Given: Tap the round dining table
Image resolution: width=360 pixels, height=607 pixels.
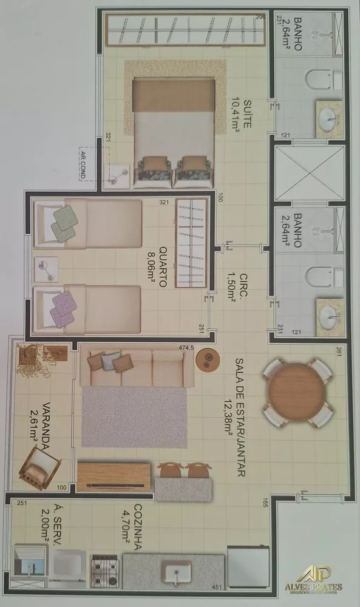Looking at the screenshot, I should (297, 393).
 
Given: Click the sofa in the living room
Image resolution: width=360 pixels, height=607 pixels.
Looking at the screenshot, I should (137, 368).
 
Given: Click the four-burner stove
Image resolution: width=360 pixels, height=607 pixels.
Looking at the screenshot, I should (104, 570).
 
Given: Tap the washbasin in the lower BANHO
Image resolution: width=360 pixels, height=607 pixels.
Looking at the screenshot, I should (330, 316).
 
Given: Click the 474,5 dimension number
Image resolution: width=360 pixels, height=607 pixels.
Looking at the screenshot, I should (186, 347).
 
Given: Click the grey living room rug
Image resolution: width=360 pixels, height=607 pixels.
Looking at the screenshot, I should (134, 417).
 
